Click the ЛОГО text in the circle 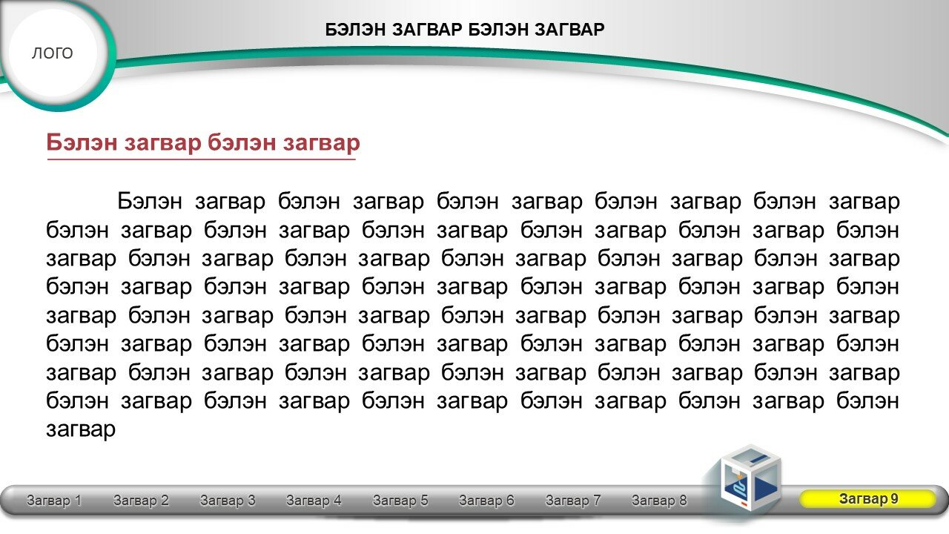(x=52, y=53)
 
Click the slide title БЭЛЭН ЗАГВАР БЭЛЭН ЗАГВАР (x=465, y=30)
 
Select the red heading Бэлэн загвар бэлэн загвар (x=203, y=142)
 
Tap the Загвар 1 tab (x=54, y=500)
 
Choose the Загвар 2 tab (x=141, y=500)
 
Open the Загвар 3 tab (x=228, y=500)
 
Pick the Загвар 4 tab (x=314, y=500)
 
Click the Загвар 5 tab (x=400, y=500)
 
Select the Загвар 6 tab (x=486, y=500)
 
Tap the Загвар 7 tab (x=573, y=500)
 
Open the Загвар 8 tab (x=659, y=500)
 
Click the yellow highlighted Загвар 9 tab (x=868, y=499)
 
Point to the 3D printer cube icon (x=750, y=479)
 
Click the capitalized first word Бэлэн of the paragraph (x=150, y=201)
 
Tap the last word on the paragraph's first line (x=864, y=202)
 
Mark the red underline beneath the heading (x=201, y=159)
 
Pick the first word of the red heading (x=82, y=142)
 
